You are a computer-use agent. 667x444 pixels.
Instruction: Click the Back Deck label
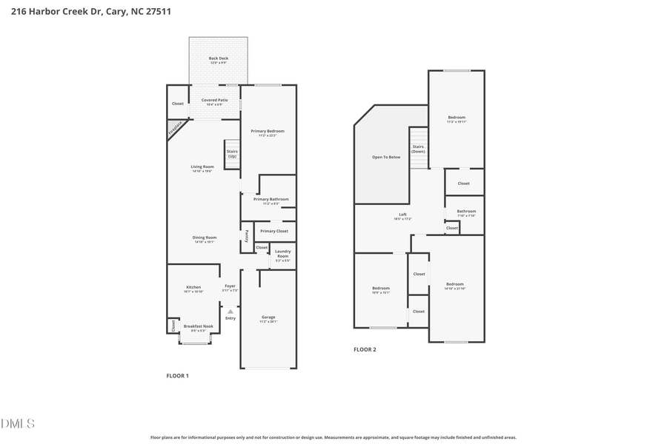pyautogui.click(x=218, y=58)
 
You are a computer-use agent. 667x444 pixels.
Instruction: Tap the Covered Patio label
pyautogui.click(x=214, y=100)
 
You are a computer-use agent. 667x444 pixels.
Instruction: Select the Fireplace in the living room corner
pyautogui.click(x=176, y=129)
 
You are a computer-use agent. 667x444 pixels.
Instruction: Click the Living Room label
pyautogui.click(x=202, y=166)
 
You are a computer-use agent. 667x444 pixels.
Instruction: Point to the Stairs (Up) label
pyautogui.click(x=232, y=153)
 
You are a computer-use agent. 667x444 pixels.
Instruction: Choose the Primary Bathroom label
pyautogui.click(x=271, y=199)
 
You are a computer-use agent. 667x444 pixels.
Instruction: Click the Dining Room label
pyautogui.click(x=205, y=238)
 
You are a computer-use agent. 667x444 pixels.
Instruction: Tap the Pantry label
pyautogui.click(x=247, y=236)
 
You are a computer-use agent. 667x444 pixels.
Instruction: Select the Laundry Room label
pyautogui.click(x=282, y=253)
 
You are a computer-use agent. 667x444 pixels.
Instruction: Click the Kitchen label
pyautogui.click(x=193, y=287)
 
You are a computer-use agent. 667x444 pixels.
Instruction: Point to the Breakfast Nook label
pyautogui.click(x=198, y=326)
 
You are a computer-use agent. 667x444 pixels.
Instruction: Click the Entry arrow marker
pyautogui.click(x=230, y=312)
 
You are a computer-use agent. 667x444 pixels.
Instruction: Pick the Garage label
pyautogui.click(x=268, y=317)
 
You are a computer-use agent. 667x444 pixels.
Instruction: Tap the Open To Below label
pyautogui.click(x=386, y=157)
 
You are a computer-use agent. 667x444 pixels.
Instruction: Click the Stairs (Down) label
pyautogui.click(x=418, y=149)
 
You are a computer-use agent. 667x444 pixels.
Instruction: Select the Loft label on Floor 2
pyautogui.click(x=402, y=215)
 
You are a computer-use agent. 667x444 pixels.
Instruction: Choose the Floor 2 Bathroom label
pyautogui.click(x=466, y=212)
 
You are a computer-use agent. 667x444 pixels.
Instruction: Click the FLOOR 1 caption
pyautogui.click(x=177, y=376)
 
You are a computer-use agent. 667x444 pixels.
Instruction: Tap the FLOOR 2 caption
pyautogui.click(x=365, y=349)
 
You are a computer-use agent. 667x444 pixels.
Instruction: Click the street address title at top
pyautogui.click(x=91, y=12)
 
